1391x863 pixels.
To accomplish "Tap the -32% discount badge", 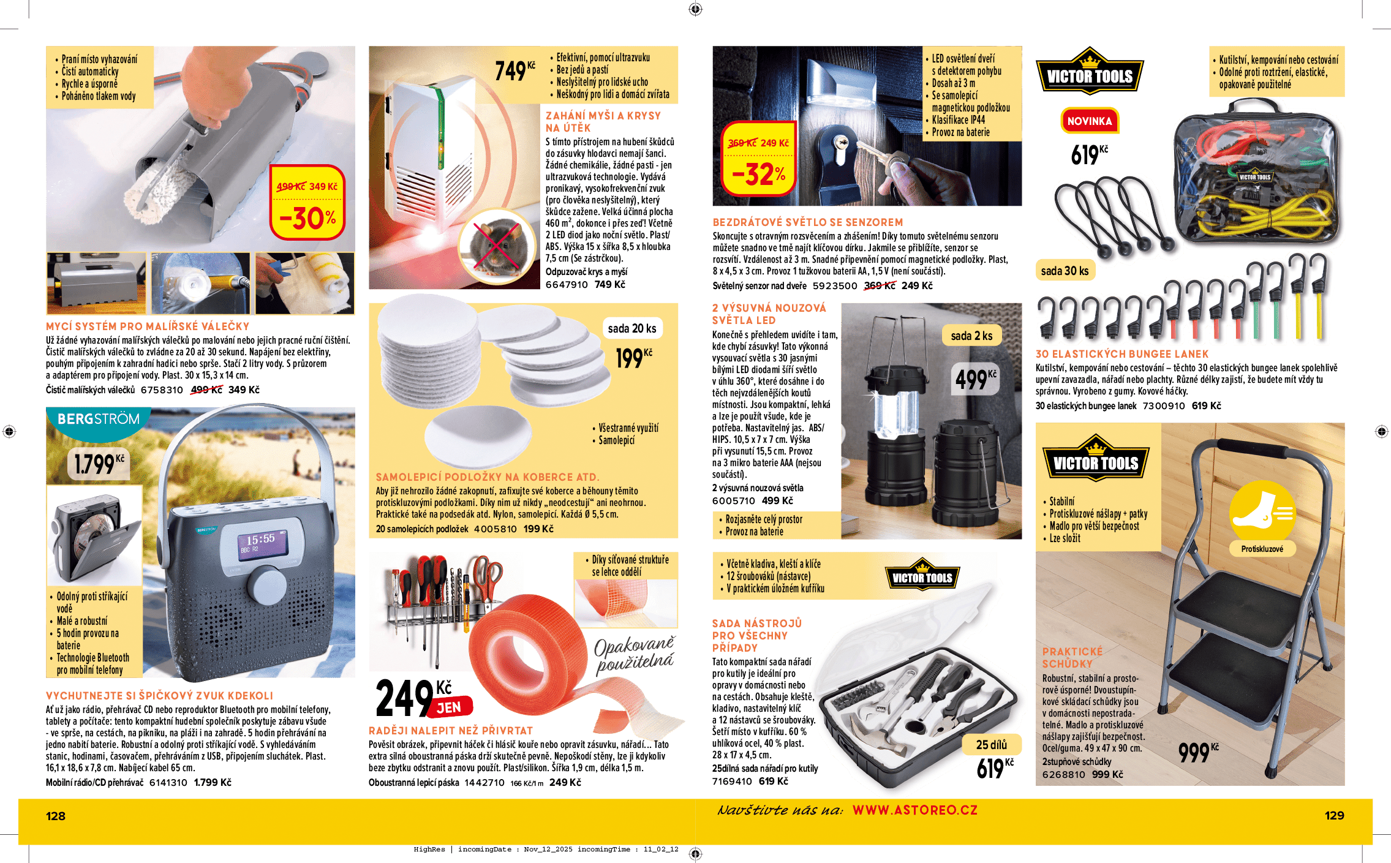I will click(x=758, y=159).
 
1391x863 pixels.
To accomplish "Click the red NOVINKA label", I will click(x=1089, y=121).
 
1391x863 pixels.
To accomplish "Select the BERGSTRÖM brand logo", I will click(x=98, y=420).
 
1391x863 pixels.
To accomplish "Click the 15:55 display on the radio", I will click(x=261, y=540).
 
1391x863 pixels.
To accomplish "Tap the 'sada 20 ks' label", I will click(x=631, y=328).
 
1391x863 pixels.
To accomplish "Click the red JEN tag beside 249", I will click(x=449, y=707).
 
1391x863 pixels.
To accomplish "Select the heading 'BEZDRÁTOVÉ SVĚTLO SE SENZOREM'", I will click(x=807, y=222).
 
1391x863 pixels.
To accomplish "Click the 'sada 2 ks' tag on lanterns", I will click(x=971, y=336).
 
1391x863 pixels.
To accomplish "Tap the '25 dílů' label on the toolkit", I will click(x=991, y=745).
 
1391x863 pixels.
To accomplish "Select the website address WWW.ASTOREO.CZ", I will click(x=914, y=810).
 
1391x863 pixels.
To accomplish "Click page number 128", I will click(x=56, y=816).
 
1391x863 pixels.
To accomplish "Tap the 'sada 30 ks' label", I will click(x=1065, y=271).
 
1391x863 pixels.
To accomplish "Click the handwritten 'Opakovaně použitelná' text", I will click(x=635, y=654).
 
